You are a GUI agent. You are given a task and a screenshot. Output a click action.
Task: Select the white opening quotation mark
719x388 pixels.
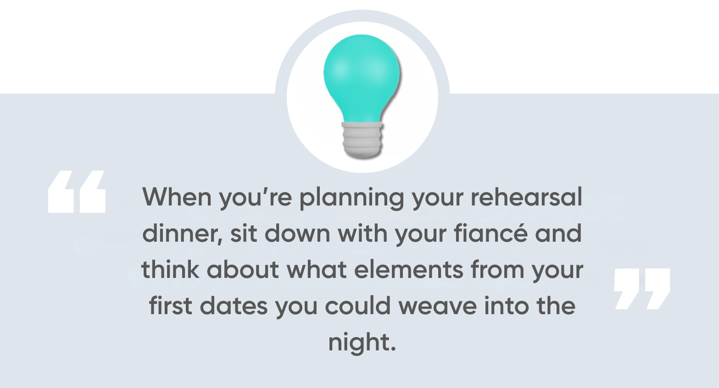tap(77, 192)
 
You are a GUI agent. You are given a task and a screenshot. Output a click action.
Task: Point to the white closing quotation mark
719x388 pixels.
tap(642, 289)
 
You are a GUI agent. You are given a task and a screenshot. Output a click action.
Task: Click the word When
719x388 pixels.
tap(177, 197)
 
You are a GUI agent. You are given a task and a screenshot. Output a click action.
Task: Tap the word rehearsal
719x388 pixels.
tap(526, 197)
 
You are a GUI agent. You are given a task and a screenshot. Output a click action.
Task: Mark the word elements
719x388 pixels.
tap(409, 270)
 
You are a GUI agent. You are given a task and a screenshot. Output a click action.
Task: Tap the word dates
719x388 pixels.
tap(234, 305)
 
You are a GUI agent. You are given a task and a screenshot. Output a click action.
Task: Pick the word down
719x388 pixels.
tap(297, 233)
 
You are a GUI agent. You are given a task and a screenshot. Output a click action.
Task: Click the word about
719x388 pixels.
tap(243, 270)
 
